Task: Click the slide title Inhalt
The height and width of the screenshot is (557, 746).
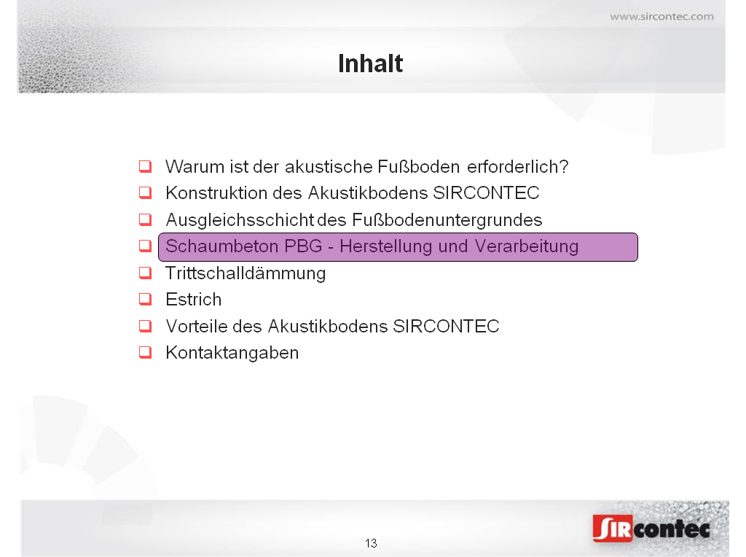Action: [370, 63]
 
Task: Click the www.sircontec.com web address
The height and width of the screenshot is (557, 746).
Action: [661, 17]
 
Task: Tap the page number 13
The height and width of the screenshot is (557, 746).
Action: [371, 543]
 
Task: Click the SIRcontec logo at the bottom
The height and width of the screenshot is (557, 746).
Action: [651, 529]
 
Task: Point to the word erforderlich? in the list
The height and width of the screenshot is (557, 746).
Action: [518, 167]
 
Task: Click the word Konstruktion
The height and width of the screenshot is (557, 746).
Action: [216, 192]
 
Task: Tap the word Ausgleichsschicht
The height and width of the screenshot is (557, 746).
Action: [240, 220]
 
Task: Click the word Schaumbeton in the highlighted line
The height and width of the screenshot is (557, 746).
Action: [221, 246]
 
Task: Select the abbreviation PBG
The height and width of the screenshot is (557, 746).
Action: [303, 246]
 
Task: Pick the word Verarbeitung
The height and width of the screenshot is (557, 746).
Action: [527, 246]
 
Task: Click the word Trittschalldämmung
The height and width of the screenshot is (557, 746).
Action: [246, 273]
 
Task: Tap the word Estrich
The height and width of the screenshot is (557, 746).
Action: [194, 300]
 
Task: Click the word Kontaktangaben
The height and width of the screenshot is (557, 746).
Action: [232, 353]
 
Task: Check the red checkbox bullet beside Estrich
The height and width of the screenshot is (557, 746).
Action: [145, 299]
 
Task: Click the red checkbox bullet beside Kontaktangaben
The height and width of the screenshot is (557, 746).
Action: [145, 352]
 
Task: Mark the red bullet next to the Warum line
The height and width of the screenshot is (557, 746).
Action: [145, 166]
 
